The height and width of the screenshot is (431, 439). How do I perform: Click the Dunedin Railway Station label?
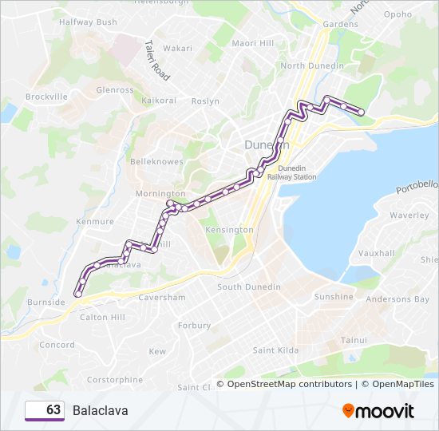(x=297, y=172)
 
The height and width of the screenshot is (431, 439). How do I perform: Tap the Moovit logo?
(x=378, y=411)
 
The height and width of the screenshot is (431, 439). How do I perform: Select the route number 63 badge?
(x=45, y=410)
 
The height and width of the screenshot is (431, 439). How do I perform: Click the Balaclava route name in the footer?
(x=100, y=410)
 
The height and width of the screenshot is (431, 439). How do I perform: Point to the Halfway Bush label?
(x=88, y=22)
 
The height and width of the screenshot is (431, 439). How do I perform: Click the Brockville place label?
(x=46, y=97)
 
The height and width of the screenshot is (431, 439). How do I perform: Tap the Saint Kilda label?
(x=275, y=350)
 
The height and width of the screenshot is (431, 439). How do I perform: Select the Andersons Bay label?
(x=397, y=300)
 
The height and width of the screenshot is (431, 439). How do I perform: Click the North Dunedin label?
(x=312, y=65)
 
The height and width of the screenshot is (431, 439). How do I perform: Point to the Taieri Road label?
(x=157, y=61)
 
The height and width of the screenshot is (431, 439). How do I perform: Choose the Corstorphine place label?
(x=114, y=380)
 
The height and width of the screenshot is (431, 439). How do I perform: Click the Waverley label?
(x=409, y=215)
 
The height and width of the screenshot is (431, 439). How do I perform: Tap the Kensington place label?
(x=229, y=230)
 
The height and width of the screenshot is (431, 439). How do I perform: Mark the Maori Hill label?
(x=252, y=42)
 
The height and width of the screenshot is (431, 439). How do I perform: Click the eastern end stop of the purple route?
(x=361, y=113)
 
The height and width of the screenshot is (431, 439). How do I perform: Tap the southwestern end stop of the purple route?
(x=77, y=294)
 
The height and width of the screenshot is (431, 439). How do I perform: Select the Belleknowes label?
(x=156, y=161)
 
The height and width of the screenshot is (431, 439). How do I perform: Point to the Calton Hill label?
(x=102, y=317)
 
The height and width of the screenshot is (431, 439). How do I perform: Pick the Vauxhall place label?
(x=377, y=253)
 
